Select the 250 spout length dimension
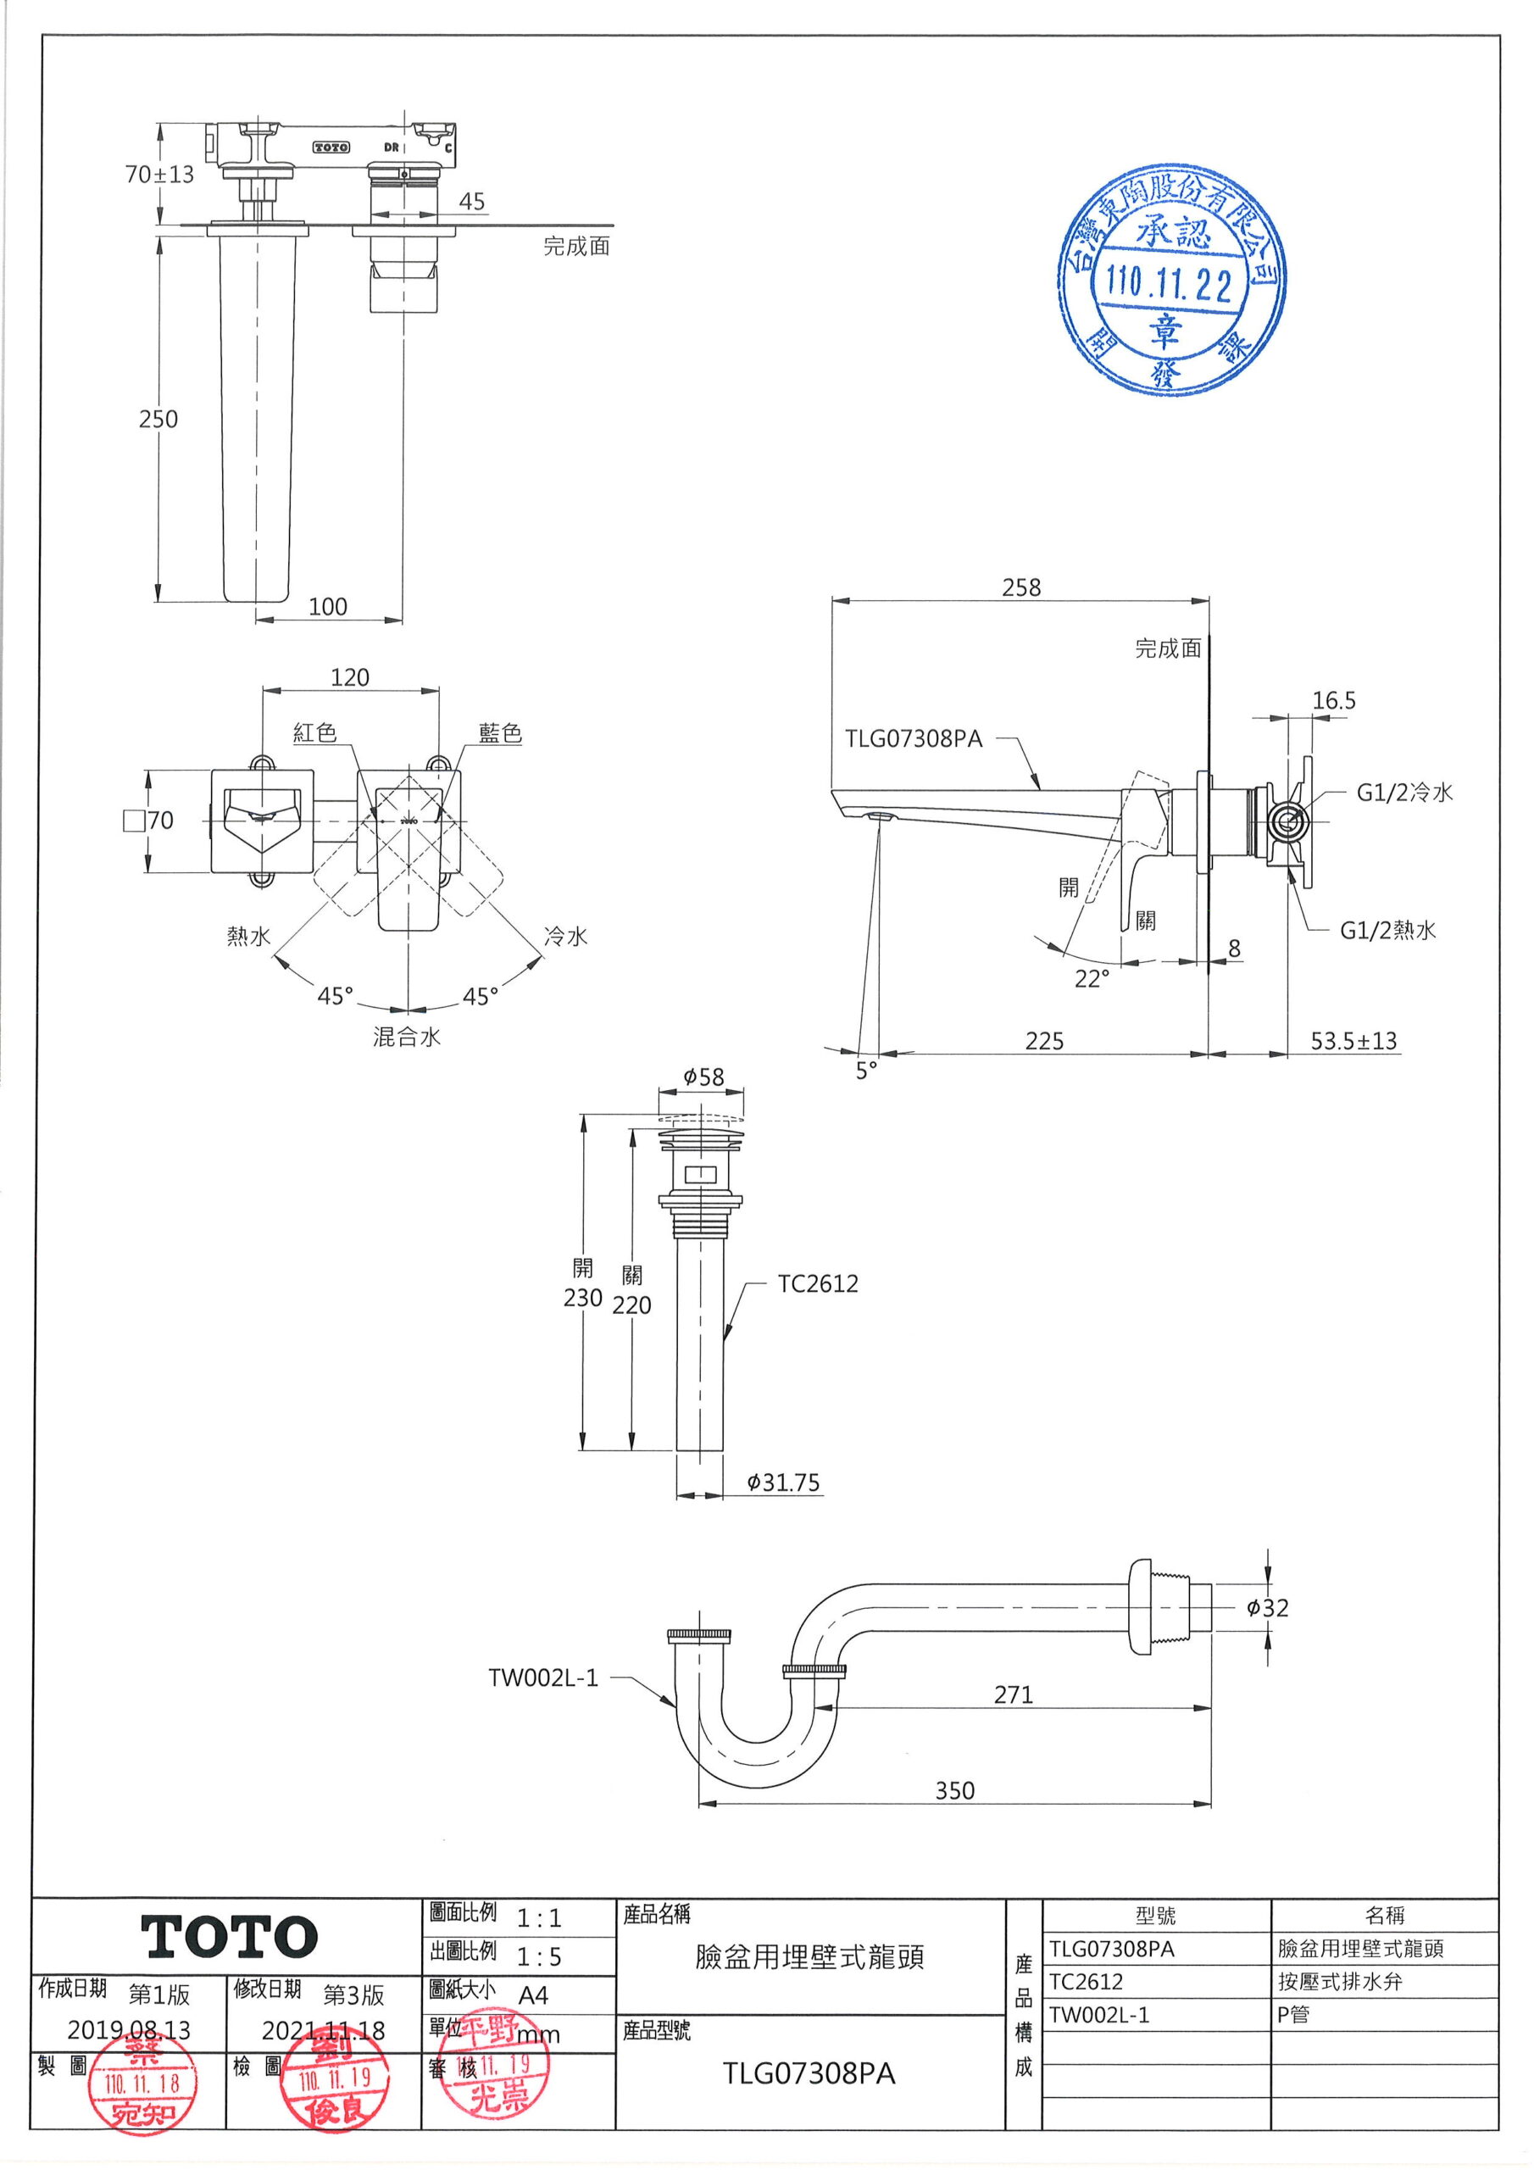coord(158,419)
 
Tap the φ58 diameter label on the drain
coord(703,1077)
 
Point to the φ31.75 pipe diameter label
coord(782,1482)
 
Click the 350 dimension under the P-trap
coord(954,1790)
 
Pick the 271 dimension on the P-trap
coord(1014,1694)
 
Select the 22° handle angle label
coord(1092,978)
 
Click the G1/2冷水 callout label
coord(1404,792)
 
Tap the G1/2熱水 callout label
coord(1387,930)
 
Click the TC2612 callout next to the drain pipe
coord(818,1283)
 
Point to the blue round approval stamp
coord(1171,281)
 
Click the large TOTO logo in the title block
coord(229,1937)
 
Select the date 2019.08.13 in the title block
coord(129,2030)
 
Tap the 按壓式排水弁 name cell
coord(1339,1982)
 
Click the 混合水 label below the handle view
coord(407,1037)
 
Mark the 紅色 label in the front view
coord(314,732)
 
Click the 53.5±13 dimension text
coord(1353,1041)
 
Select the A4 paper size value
coord(533,1995)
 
